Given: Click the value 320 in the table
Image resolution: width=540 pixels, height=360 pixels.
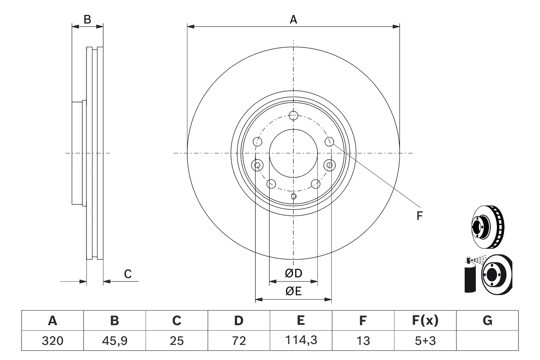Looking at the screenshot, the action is tap(52, 341).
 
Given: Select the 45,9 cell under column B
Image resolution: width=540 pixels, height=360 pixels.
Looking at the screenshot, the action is tap(114, 341).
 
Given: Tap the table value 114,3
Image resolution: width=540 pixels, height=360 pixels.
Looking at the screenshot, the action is tap(301, 340).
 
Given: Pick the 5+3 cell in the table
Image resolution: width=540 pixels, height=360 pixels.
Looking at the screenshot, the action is tap(425, 341).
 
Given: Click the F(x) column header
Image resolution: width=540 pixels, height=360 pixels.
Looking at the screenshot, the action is tap(425, 320).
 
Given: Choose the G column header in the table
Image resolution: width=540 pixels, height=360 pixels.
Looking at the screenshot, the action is tap(487, 320).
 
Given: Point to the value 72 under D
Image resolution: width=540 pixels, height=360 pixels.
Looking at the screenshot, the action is tap(239, 341).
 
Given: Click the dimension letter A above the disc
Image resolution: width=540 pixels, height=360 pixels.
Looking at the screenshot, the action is tap(293, 19).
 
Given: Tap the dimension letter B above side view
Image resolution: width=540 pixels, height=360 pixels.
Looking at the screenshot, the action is tap(87, 19).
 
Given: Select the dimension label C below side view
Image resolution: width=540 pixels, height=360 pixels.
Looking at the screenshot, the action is tap(128, 274).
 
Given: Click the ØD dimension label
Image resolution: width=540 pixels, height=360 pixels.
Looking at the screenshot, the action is tap(293, 273).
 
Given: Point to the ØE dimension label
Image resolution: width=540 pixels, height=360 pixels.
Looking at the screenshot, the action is tap(293, 291).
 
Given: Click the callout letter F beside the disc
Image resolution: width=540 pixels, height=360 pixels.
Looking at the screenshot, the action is tap(420, 216).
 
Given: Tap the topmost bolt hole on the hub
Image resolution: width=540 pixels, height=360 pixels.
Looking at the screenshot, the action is tap(293, 116).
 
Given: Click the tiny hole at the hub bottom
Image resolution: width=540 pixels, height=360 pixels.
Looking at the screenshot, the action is tap(293, 196).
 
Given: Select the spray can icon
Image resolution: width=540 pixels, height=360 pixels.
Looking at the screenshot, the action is tap(470, 275).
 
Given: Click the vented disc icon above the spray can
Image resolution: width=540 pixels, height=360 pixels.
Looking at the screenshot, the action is tap(487, 227).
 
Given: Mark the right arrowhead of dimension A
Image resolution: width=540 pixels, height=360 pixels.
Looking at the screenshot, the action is tap(396, 26).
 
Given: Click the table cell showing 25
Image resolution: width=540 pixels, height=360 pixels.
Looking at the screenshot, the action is tap(177, 341).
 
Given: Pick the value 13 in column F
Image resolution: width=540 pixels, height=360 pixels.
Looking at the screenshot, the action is tap(363, 341).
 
